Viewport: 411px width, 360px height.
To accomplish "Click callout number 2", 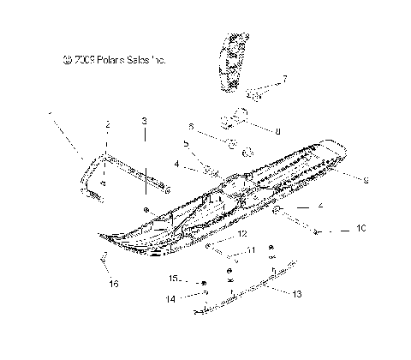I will click(x=108, y=125).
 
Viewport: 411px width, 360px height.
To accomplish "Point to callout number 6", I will click(x=191, y=126).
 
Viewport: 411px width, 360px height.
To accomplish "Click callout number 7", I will click(x=285, y=78).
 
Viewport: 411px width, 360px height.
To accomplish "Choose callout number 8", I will click(x=277, y=131).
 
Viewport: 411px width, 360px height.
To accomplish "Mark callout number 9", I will click(x=366, y=180).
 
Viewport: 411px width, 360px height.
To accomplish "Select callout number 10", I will click(x=361, y=230).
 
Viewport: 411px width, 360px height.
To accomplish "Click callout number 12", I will click(x=242, y=233).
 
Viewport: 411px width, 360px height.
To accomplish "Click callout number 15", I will click(x=172, y=279).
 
